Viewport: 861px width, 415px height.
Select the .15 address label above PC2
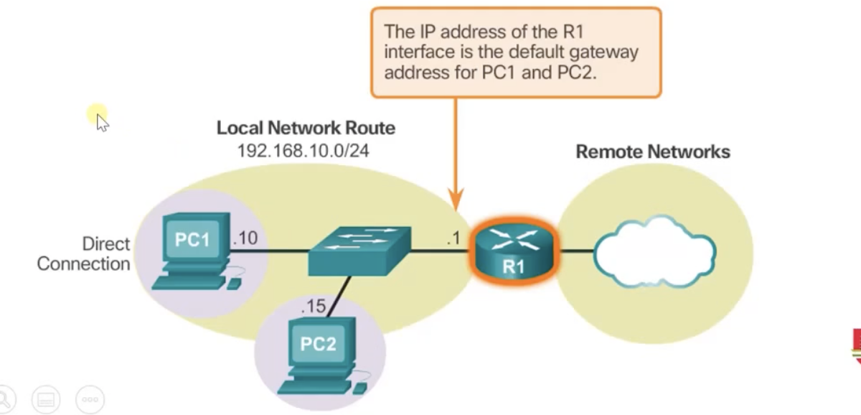(x=314, y=307)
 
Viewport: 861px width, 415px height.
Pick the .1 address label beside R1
(x=452, y=240)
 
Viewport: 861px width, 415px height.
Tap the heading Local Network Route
(x=306, y=129)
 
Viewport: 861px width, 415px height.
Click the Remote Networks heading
(x=653, y=151)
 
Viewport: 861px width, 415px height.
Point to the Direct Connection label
(x=84, y=254)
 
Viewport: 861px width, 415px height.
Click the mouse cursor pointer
(x=101, y=121)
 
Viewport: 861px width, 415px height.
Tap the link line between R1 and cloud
(x=576, y=251)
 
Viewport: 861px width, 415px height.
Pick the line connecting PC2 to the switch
(x=342, y=294)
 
